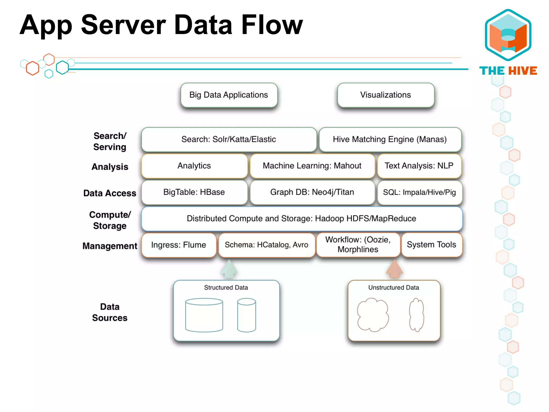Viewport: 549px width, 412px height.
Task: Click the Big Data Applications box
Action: pyautogui.click(x=229, y=95)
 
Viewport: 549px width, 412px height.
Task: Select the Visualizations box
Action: pyautogui.click(x=386, y=95)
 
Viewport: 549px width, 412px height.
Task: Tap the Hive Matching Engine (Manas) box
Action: pyautogui.click(x=390, y=139)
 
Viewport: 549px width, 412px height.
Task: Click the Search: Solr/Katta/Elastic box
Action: pyautogui.click(x=229, y=139)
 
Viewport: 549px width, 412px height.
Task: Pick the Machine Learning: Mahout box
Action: pyautogui.click(x=312, y=166)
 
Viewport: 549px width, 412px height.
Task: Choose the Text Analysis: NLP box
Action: pyautogui.click(x=419, y=166)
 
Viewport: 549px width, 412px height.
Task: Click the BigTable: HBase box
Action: pyautogui.click(x=194, y=192)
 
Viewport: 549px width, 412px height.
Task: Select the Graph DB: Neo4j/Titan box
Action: pyautogui.click(x=312, y=192)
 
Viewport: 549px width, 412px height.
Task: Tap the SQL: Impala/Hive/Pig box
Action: pyautogui.click(x=420, y=192)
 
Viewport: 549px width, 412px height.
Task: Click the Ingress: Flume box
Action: pyautogui.click(x=179, y=245)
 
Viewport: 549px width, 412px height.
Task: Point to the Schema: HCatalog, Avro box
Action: pyautogui.click(x=266, y=245)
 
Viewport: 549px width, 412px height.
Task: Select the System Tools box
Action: pyautogui.click(x=432, y=245)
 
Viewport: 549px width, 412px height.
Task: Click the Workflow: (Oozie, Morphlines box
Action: pyautogui.click(x=358, y=245)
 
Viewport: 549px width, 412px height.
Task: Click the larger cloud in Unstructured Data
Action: pyautogui.click(x=373, y=315)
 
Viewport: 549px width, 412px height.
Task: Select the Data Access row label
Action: pyautogui.click(x=110, y=193)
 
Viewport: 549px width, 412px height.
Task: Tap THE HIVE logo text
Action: pyautogui.click(x=508, y=71)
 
